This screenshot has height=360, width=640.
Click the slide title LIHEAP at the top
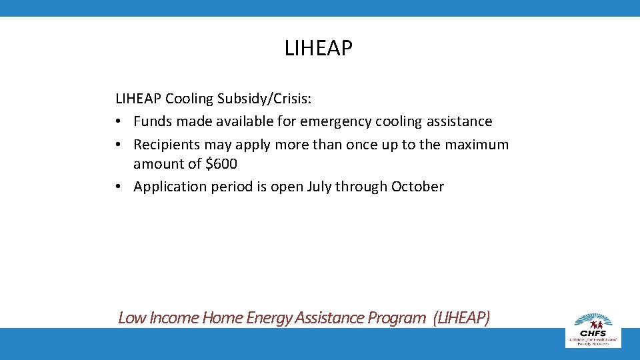pos(318,49)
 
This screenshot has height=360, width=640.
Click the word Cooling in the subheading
pos(189,99)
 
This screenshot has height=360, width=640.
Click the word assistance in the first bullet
pos(458,121)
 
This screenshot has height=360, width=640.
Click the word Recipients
pos(167,145)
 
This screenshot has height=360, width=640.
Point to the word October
pos(417,187)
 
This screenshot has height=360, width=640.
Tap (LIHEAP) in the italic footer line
pos(461,317)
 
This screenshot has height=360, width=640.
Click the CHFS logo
pos(593,328)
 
